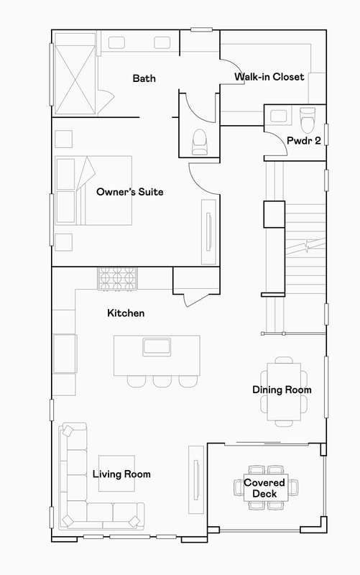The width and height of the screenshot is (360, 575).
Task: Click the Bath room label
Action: (144, 78)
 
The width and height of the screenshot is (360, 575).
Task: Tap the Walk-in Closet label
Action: (269, 77)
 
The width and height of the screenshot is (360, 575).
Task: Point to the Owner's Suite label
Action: (130, 192)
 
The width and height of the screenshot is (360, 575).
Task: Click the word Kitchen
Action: (126, 313)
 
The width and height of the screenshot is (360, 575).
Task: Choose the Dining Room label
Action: (282, 390)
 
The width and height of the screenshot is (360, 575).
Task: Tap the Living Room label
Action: (121, 474)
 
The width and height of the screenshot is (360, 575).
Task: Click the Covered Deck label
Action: (264, 488)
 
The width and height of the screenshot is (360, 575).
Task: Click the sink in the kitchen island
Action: (157, 346)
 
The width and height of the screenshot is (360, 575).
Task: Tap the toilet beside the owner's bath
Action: (199, 141)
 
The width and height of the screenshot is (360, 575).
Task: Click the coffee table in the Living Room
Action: (116, 474)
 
